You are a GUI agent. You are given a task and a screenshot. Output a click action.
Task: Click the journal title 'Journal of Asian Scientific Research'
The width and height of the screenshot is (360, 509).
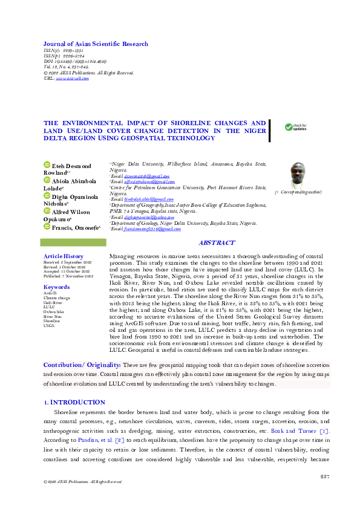point(96,44)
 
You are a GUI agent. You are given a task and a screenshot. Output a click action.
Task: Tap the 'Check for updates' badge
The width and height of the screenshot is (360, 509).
point(296,128)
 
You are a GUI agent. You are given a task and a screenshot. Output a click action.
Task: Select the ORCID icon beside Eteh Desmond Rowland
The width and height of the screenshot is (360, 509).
point(46,166)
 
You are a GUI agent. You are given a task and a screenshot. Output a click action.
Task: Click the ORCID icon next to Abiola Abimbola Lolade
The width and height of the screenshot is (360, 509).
point(46,180)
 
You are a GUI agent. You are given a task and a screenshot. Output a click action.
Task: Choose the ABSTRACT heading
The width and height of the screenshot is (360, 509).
point(216,242)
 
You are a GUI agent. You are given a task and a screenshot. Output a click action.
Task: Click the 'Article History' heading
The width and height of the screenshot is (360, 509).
point(64,256)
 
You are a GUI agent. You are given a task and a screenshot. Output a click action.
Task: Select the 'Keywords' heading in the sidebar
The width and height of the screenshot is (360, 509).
point(57,287)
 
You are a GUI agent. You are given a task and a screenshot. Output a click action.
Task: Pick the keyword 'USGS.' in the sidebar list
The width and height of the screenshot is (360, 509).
point(49,325)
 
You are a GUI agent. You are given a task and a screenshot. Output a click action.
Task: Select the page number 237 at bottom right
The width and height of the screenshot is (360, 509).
point(324,477)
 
